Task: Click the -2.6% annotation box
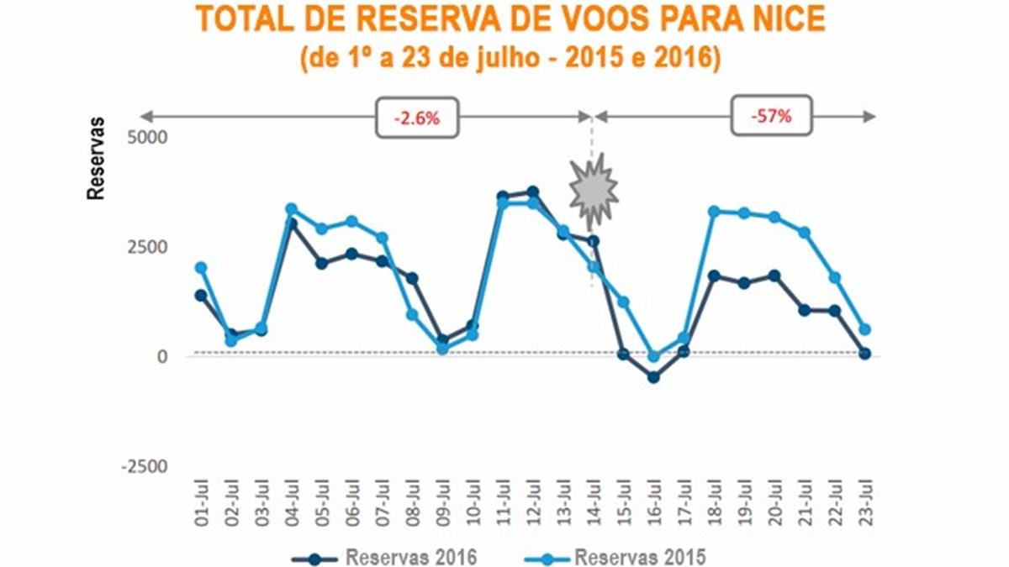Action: pyautogui.click(x=417, y=118)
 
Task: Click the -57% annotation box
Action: pyautogui.click(x=772, y=117)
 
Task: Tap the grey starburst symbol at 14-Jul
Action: pyautogui.click(x=594, y=192)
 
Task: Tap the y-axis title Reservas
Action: pyautogui.click(x=97, y=159)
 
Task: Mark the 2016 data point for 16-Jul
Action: pyautogui.click(x=654, y=377)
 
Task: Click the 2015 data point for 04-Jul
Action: pyautogui.click(x=292, y=209)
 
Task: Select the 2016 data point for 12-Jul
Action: pyautogui.click(x=533, y=192)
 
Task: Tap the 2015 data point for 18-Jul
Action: pyautogui.click(x=715, y=212)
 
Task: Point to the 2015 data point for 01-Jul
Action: pyautogui.click(x=201, y=268)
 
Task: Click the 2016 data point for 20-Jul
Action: pyautogui.click(x=774, y=276)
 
